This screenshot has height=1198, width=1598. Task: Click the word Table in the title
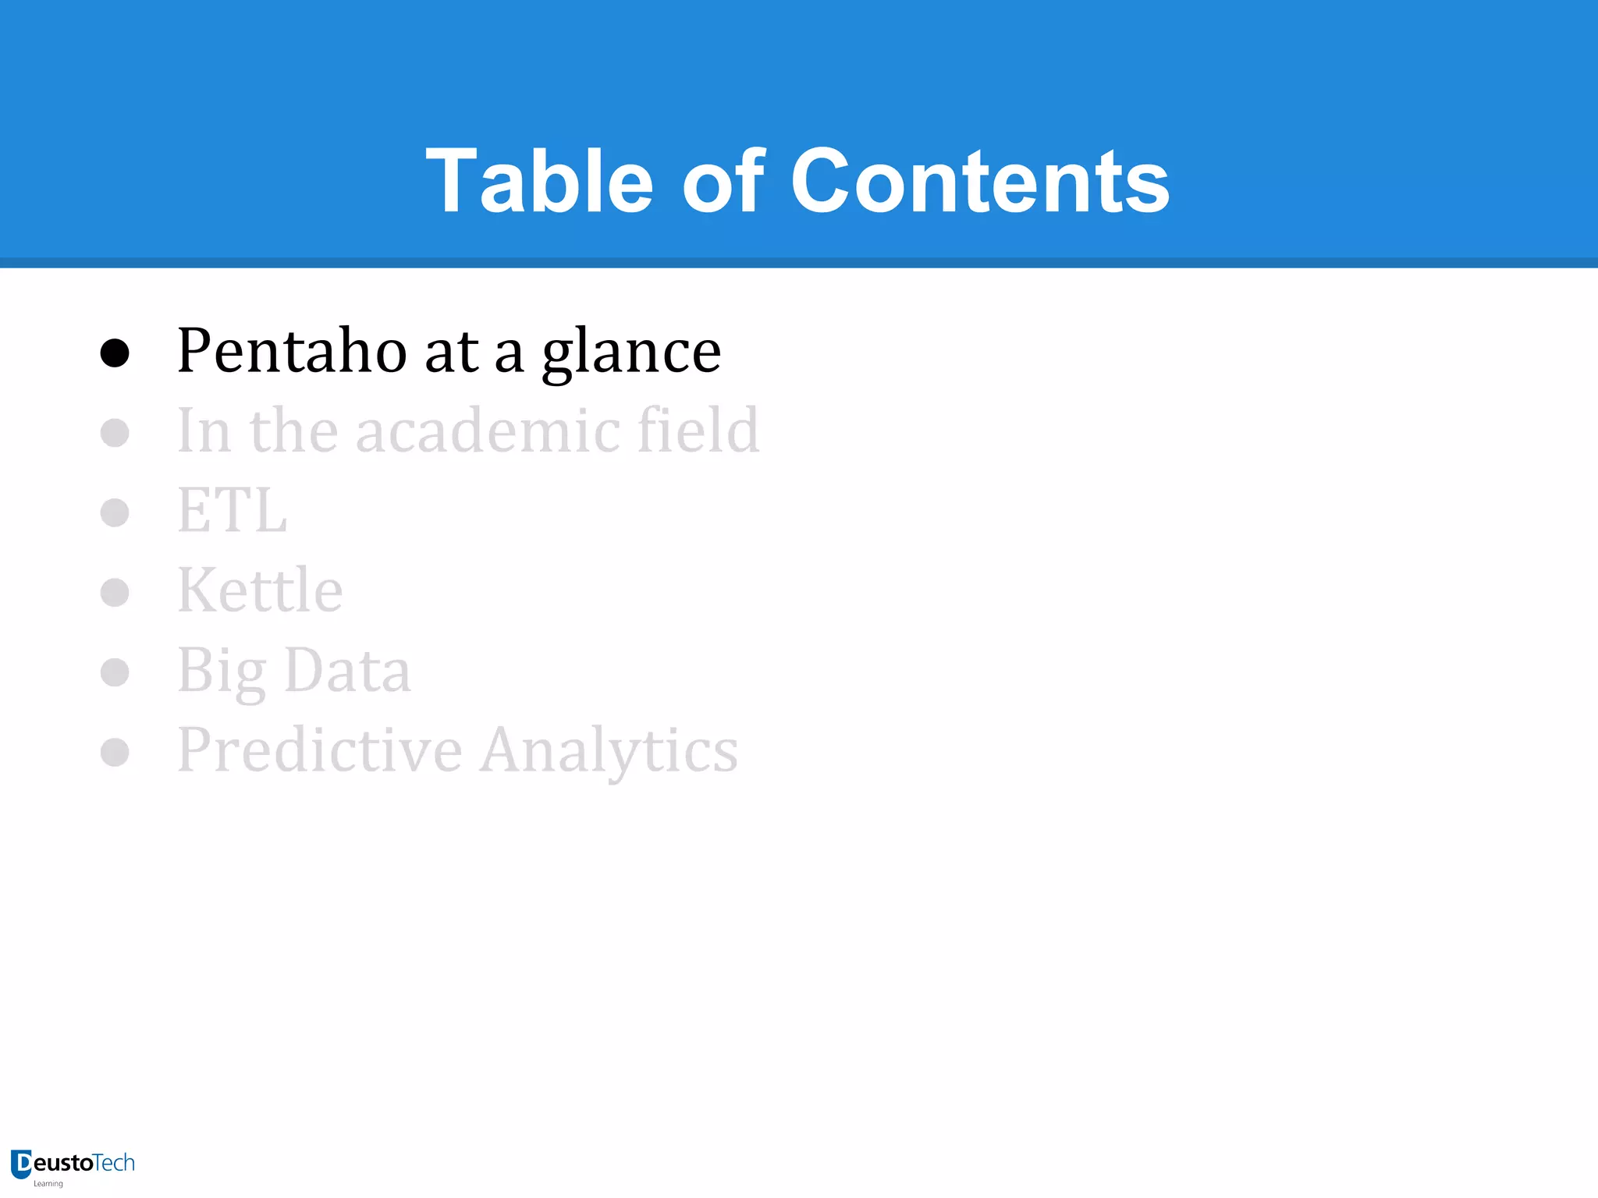539,181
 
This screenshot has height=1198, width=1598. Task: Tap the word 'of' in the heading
723,181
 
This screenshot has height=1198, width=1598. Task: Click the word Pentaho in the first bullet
292,351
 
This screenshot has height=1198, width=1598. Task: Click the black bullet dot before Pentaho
115,353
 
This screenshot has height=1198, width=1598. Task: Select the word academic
488,431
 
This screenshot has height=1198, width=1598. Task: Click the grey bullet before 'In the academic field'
115,433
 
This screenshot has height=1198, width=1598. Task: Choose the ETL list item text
233,511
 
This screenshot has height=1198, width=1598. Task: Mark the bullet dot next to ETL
115,512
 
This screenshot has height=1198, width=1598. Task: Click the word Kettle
260,590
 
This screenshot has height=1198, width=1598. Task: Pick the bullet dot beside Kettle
115,593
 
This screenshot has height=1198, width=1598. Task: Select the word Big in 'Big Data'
222,672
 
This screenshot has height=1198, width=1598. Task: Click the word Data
347,670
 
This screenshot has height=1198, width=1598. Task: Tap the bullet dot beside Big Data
115,672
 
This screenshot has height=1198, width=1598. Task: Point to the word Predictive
320,750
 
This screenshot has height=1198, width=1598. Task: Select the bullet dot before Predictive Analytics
115,753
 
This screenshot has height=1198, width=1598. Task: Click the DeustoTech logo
73,1165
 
